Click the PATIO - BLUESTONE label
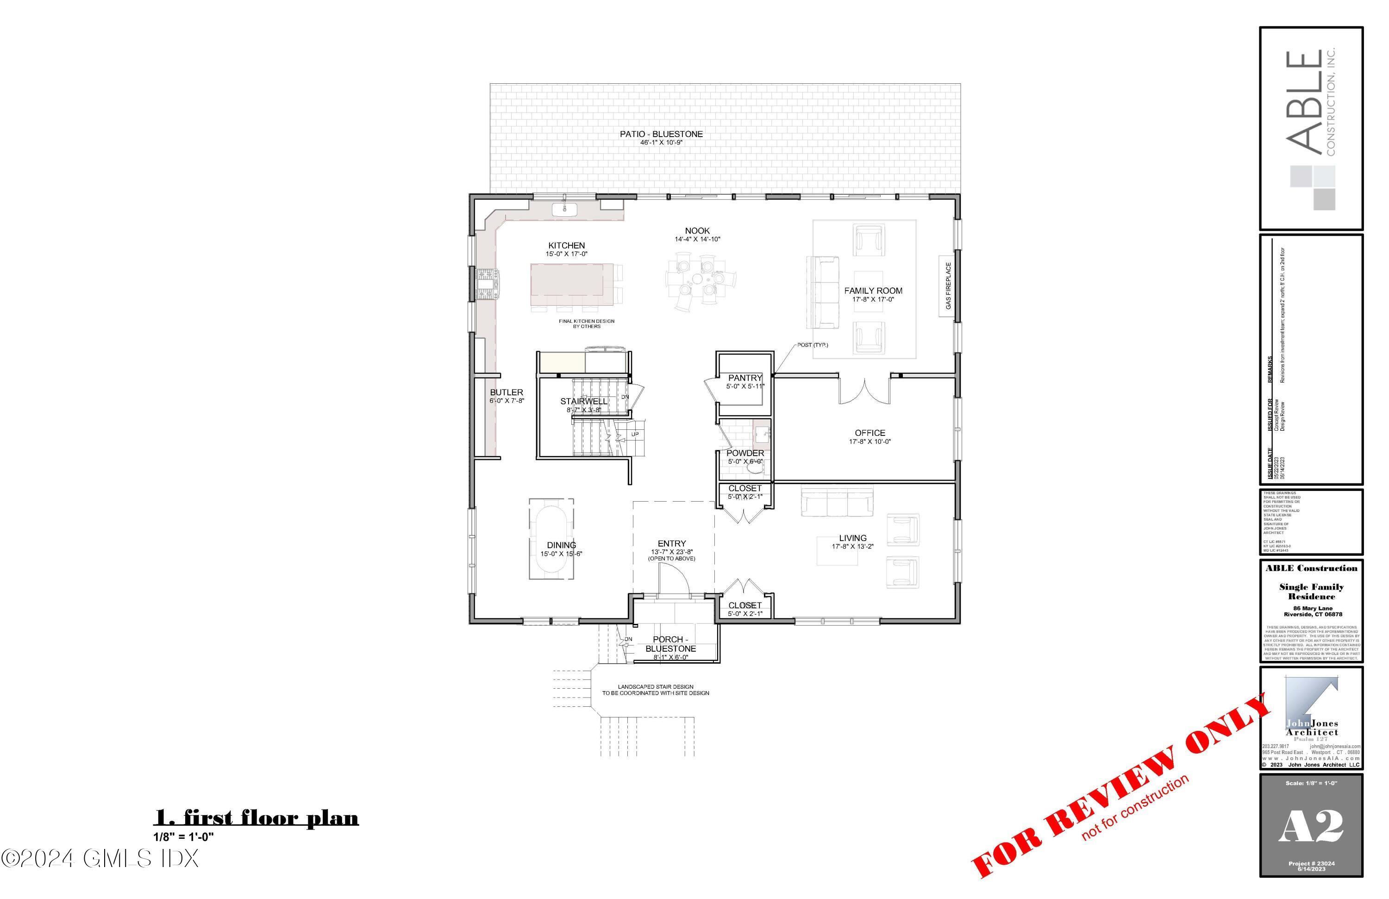tap(661, 134)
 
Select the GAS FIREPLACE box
tap(948, 286)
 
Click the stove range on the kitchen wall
tap(486, 284)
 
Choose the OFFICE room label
tap(870, 433)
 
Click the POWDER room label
tap(745, 453)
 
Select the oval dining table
tap(551, 538)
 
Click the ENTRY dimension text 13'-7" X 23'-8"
tap(672, 552)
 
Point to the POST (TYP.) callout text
tap(813, 345)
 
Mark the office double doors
tap(864, 390)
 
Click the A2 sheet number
tap(1311, 826)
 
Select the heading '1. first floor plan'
tap(256, 817)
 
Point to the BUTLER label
tap(506, 393)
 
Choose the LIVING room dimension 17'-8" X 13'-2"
tap(852, 547)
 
